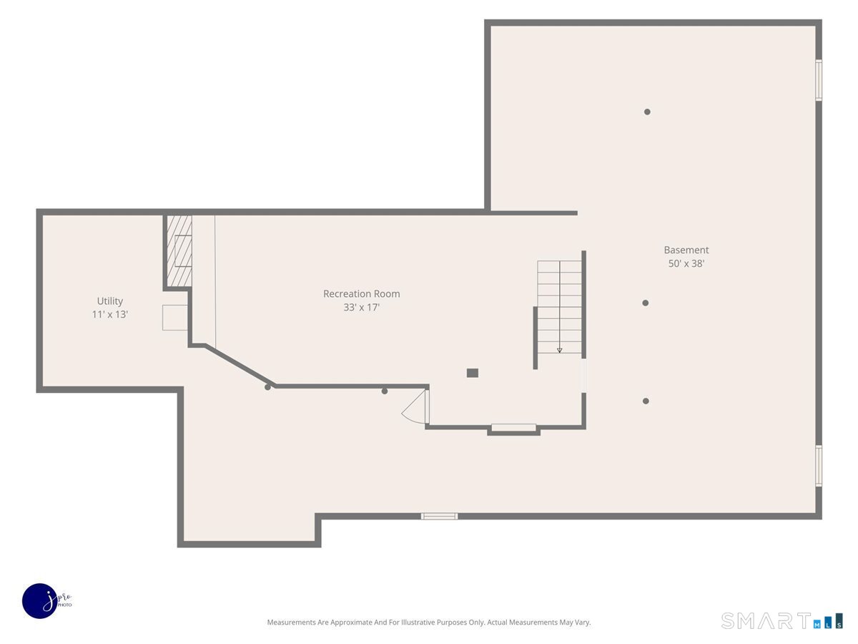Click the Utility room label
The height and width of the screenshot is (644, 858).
(x=110, y=301)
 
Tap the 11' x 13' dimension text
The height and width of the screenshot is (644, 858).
(x=110, y=314)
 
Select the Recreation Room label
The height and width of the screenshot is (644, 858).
(x=362, y=293)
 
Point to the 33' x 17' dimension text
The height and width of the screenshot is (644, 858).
(x=362, y=308)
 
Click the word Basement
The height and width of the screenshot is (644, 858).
(x=686, y=250)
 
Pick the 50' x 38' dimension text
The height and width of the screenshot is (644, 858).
(x=686, y=263)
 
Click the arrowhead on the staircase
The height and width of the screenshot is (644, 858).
(x=559, y=351)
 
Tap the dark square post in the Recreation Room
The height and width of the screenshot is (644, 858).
(x=472, y=373)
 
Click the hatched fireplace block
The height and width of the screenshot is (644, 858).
(x=179, y=251)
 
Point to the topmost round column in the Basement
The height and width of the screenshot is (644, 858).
(x=647, y=112)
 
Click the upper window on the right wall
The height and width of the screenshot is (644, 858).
(x=818, y=79)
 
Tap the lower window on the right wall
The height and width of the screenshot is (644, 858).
(x=818, y=466)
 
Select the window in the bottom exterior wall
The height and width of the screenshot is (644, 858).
(x=439, y=516)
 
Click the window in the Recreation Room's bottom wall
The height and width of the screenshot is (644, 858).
(x=513, y=427)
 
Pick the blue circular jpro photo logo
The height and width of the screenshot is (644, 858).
(x=40, y=601)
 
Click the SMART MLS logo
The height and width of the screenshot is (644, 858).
(x=781, y=620)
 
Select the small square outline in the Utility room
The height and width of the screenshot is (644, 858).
(x=174, y=318)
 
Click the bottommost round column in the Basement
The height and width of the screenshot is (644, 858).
(x=646, y=401)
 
